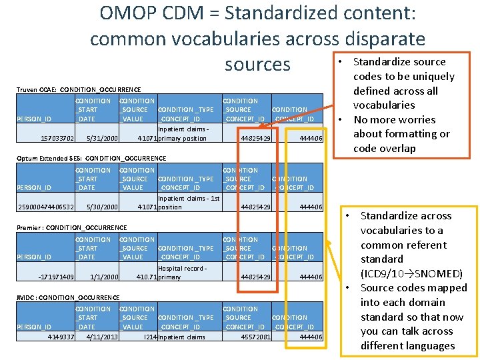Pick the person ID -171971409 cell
57,277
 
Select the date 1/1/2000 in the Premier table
104,277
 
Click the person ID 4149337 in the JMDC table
61,337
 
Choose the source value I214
150,337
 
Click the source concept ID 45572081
255,337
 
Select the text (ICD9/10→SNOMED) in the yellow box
412,273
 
